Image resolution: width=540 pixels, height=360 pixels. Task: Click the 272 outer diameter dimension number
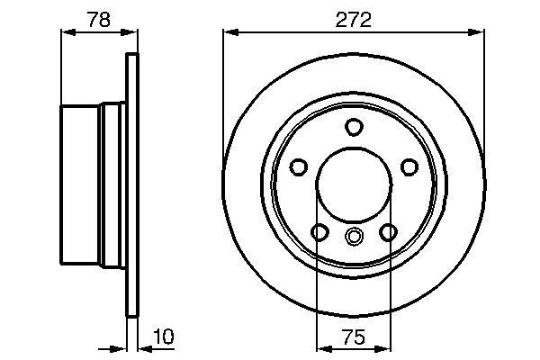click(x=354, y=18)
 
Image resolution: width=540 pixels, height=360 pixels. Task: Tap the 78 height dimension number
click(x=100, y=18)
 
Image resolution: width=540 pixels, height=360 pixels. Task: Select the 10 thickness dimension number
click(x=164, y=337)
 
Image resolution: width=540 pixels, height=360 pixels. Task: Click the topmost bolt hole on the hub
click(x=354, y=127)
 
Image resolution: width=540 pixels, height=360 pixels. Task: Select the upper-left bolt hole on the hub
click(x=299, y=167)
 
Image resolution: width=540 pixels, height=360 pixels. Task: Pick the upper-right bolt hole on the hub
click(x=409, y=167)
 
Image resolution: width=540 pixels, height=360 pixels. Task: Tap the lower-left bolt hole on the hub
click(x=319, y=232)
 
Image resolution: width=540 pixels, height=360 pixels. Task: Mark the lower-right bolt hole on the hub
click(x=388, y=232)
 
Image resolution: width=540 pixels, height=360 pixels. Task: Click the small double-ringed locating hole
click(x=354, y=237)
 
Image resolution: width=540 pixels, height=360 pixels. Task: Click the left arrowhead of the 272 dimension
click(x=230, y=33)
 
